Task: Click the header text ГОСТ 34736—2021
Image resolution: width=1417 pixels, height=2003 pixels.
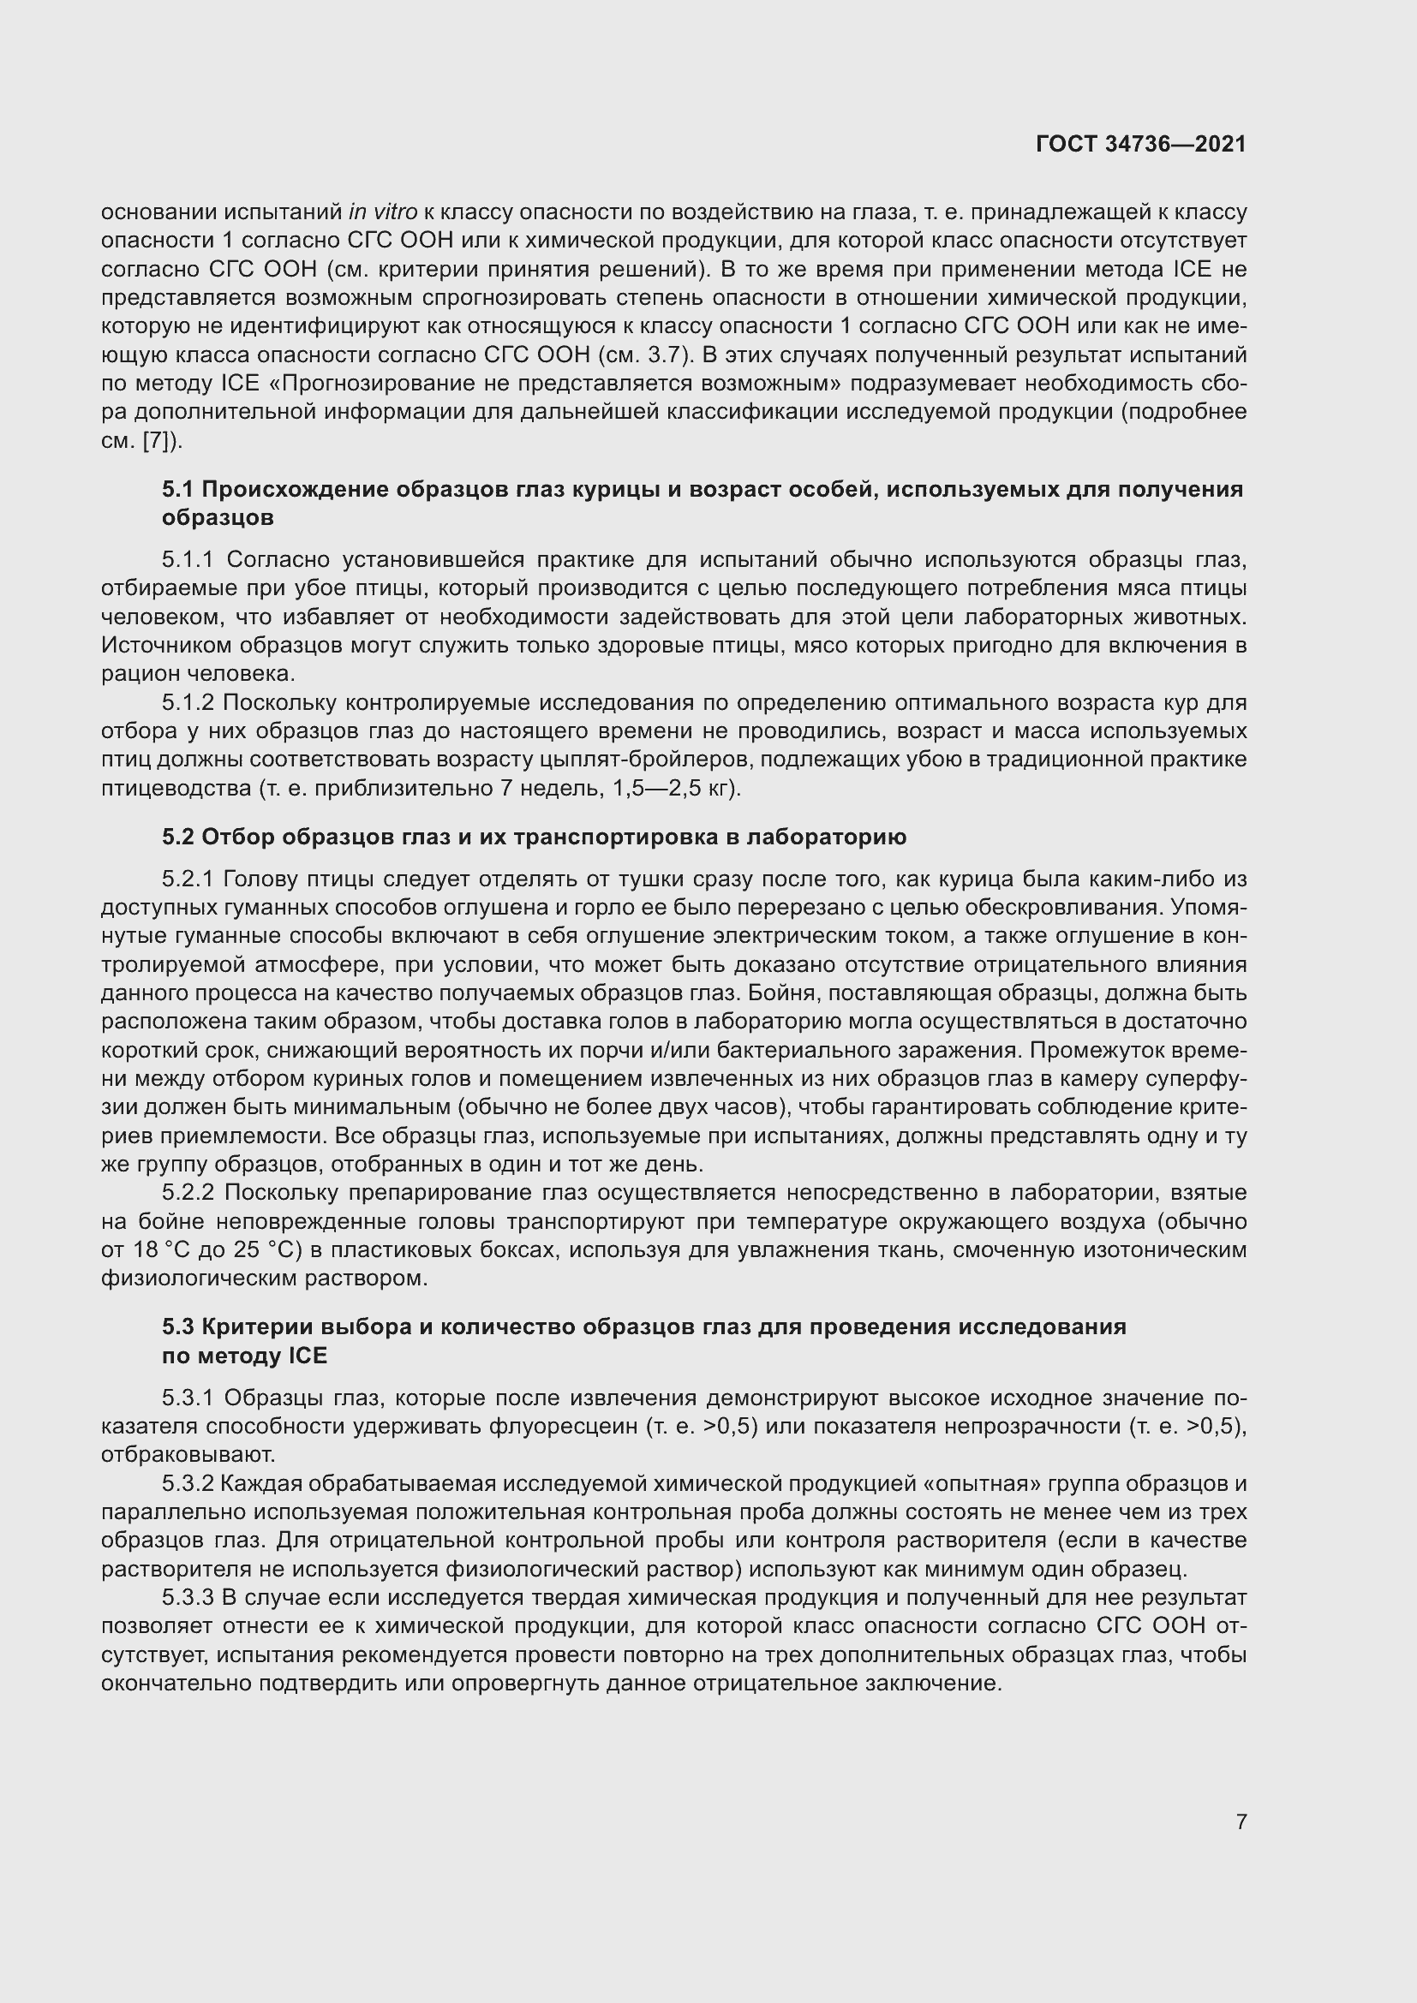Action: pyautogui.click(x=1140, y=144)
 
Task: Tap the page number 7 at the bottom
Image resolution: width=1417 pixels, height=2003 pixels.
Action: pyautogui.click(x=1241, y=1821)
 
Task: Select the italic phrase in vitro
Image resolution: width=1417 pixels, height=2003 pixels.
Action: pyautogui.click(x=382, y=212)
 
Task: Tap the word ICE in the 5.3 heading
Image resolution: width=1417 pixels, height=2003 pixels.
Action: pyautogui.click(x=306, y=1356)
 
